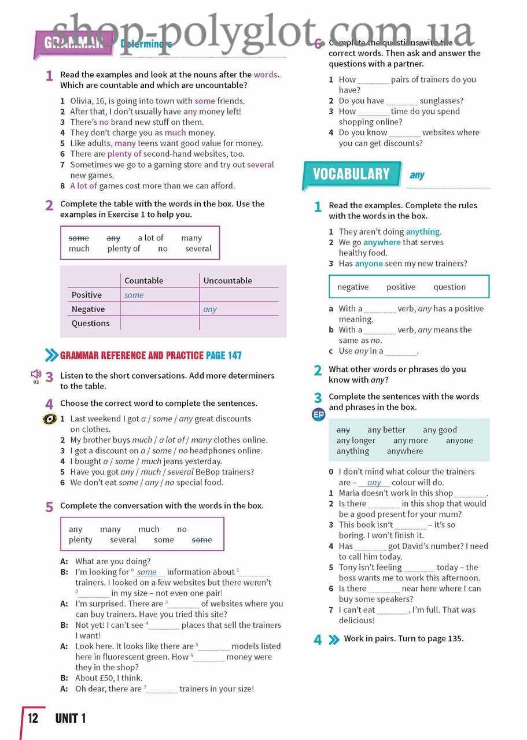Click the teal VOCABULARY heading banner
[351, 174]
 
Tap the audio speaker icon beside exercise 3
[36, 374]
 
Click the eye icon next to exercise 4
[50, 419]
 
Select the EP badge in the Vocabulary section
[318, 415]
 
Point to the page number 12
[33, 719]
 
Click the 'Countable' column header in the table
[144, 280]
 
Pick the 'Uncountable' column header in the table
[227, 280]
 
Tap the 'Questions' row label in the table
[90, 323]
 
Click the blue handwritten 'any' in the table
[210, 309]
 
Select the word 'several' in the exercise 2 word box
[198, 249]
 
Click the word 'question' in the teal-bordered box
[449, 287]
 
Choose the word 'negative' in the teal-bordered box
[353, 287]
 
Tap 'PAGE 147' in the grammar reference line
[224, 356]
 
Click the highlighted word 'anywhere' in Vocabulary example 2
[382, 242]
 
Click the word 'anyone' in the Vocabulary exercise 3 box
[459, 441]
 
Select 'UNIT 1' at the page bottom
[71, 719]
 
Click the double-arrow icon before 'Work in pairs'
[334, 639]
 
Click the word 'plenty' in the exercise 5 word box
[80, 540]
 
